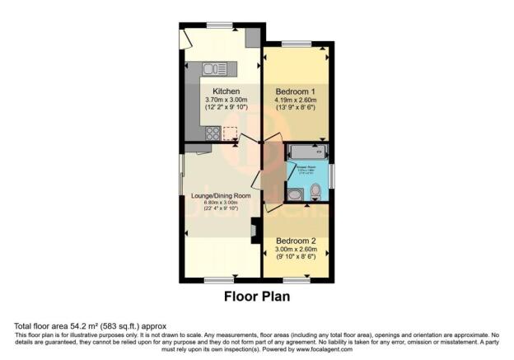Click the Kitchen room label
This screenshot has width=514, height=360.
click(226, 91)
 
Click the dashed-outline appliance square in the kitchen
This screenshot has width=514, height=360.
click(230, 132)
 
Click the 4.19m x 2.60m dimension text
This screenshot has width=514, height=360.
click(296, 100)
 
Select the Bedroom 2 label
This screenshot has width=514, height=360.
click(296, 243)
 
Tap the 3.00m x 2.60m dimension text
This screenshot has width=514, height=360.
click(296, 252)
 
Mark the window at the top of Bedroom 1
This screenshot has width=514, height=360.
click(296, 43)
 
